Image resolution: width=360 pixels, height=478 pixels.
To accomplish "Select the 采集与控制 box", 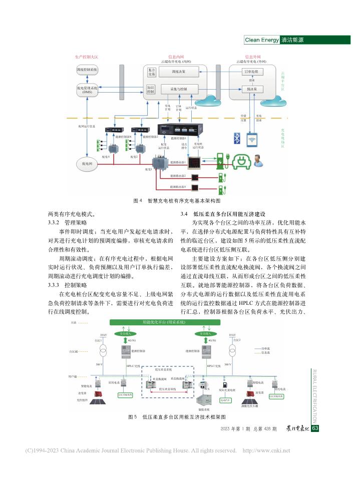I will point(178,89).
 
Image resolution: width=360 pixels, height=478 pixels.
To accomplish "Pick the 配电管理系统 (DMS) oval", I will point(87,90).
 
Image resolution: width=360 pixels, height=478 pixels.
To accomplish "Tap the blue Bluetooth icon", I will point(237,138).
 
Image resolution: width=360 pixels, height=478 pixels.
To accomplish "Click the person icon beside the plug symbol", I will point(258,160).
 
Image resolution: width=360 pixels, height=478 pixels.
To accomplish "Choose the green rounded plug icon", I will point(242,160).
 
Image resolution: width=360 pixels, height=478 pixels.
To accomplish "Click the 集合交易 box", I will point(151,72).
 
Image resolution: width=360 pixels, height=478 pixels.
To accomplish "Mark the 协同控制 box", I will point(151,89).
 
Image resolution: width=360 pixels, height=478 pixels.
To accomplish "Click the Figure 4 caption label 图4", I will point(138,200).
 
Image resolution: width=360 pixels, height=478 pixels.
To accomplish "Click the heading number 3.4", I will point(184,214).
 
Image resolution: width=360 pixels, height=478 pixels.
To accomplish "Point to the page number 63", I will point(315,428).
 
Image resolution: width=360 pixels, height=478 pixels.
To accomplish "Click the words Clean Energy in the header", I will point(261,40).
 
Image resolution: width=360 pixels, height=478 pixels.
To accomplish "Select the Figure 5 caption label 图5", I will point(133,416).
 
